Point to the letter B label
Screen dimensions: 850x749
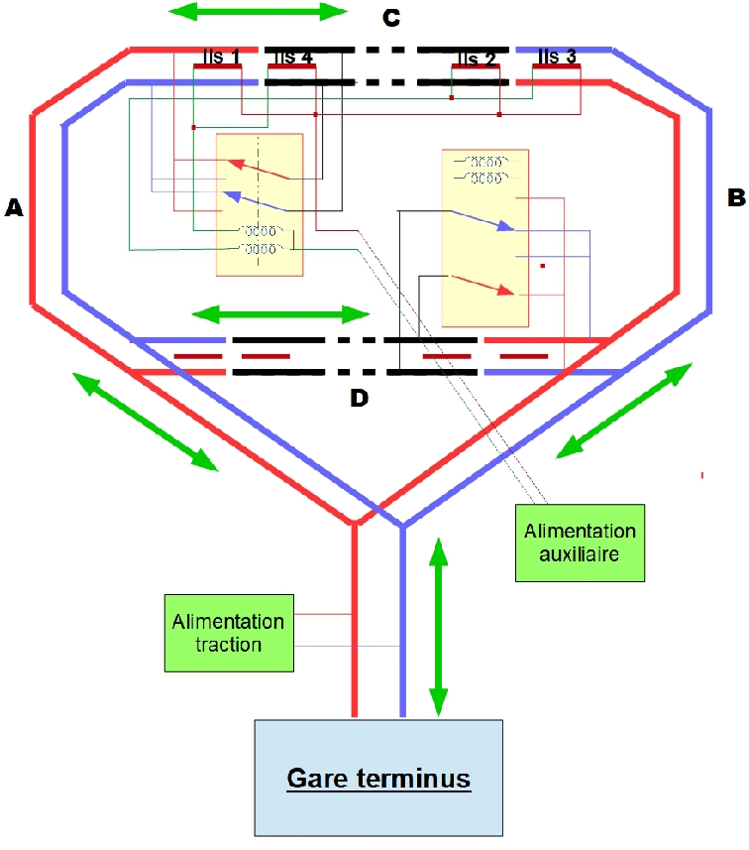(x=735, y=197)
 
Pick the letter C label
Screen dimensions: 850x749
(x=391, y=19)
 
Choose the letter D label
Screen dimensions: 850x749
(x=359, y=399)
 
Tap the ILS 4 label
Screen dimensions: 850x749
(x=292, y=58)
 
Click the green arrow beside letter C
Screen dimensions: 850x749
(x=259, y=12)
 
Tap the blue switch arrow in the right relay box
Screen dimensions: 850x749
(x=480, y=220)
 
